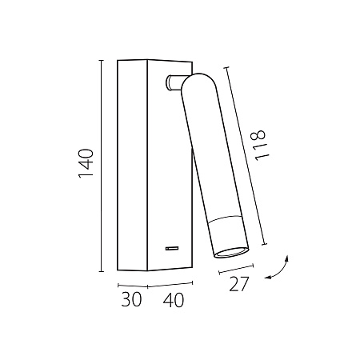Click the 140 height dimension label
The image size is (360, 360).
tap(86, 163)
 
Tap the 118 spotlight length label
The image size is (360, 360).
tap(260, 145)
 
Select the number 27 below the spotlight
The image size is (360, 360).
tap(239, 284)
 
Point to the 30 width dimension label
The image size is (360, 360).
tap(131, 299)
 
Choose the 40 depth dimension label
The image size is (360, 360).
tap(174, 300)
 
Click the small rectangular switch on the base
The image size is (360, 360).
tap(172, 248)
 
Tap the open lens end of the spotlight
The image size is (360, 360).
tap(231, 253)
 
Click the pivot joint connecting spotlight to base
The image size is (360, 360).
tap(174, 82)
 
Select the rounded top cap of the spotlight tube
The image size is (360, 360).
tap(198, 81)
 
